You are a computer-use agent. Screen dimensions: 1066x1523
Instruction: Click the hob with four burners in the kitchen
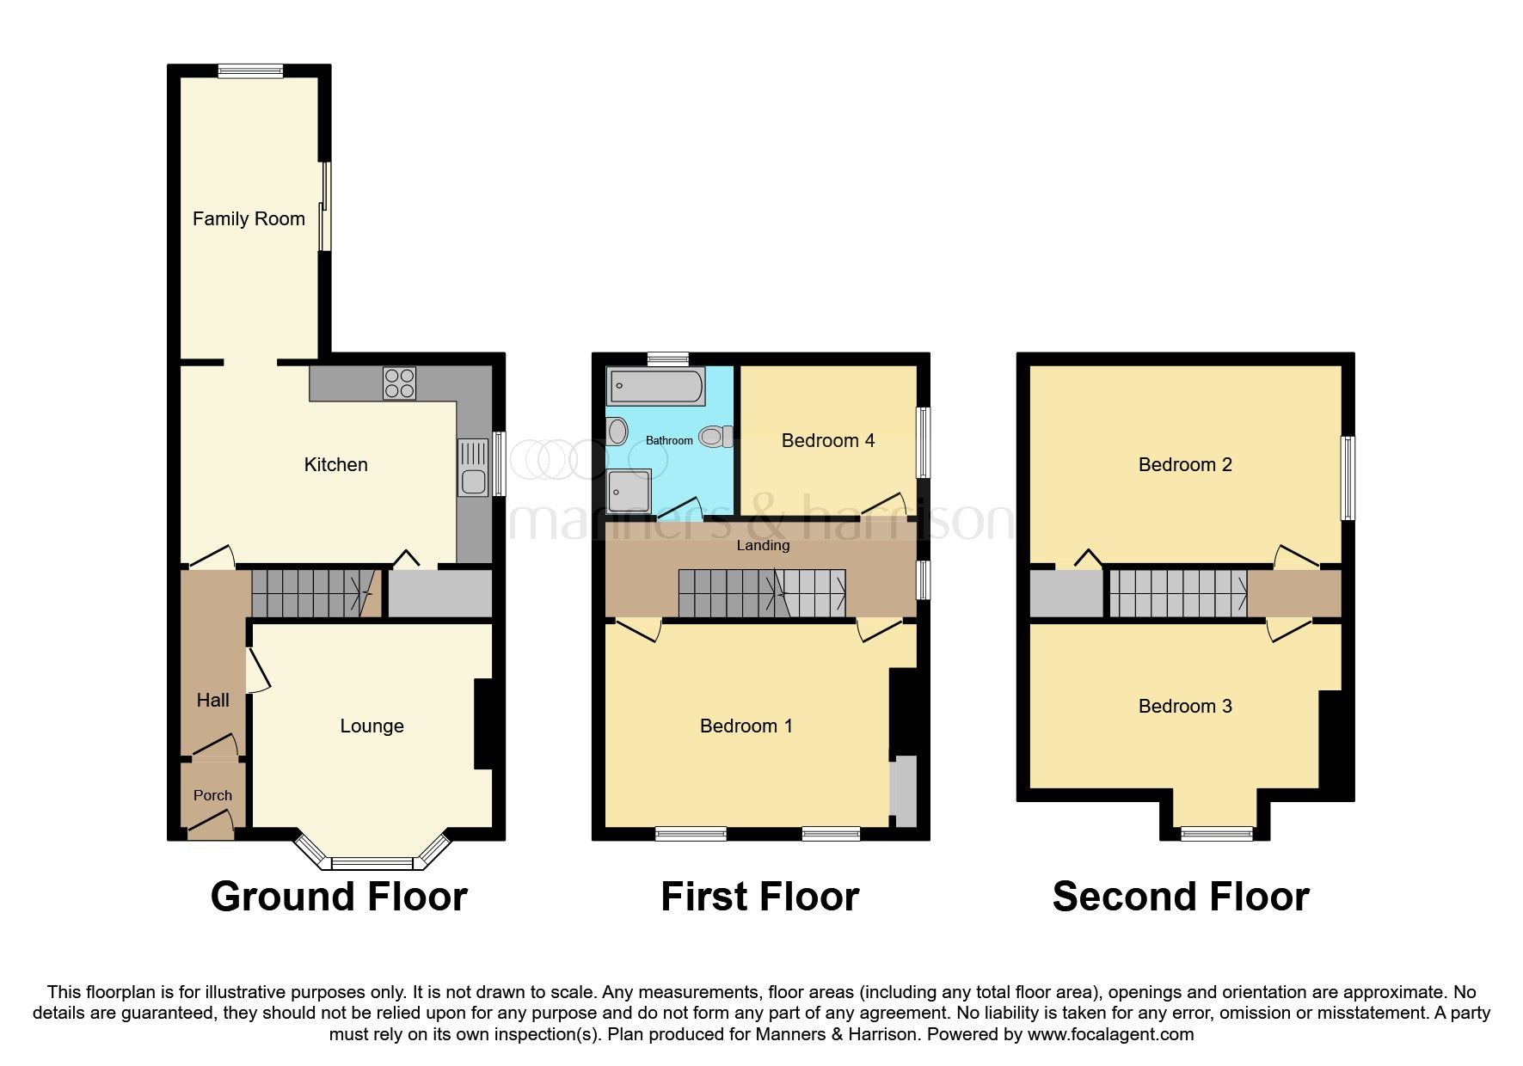[x=399, y=383]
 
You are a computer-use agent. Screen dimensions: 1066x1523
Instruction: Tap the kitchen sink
[x=473, y=468]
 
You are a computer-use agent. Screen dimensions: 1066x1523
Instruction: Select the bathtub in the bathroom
[x=655, y=387]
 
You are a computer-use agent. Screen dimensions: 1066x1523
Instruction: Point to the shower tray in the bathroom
[x=628, y=492]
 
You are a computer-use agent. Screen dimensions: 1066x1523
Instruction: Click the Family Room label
[x=249, y=219]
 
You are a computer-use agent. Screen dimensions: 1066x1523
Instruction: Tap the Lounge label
[x=372, y=726]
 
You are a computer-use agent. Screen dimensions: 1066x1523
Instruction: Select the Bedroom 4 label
[x=827, y=441]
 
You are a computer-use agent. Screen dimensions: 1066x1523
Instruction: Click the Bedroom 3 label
[x=1184, y=707]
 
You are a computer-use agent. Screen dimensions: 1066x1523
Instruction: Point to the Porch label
[x=212, y=796]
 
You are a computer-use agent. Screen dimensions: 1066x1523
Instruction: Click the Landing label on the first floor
[x=763, y=546]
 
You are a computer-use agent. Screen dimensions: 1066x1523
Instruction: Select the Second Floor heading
[x=1180, y=898]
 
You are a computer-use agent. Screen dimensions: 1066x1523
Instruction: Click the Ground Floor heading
[x=339, y=898]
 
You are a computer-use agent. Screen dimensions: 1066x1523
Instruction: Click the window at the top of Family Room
[x=250, y=72]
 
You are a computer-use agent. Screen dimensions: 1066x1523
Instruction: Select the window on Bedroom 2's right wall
[x=1348, y=479]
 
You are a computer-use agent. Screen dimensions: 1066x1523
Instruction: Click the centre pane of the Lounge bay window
[x=372, y=862]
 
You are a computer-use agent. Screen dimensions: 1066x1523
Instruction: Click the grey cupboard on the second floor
[x=1066, y=594]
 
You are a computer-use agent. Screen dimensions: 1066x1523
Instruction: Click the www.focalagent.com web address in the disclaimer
[x=1110, y=1035]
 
